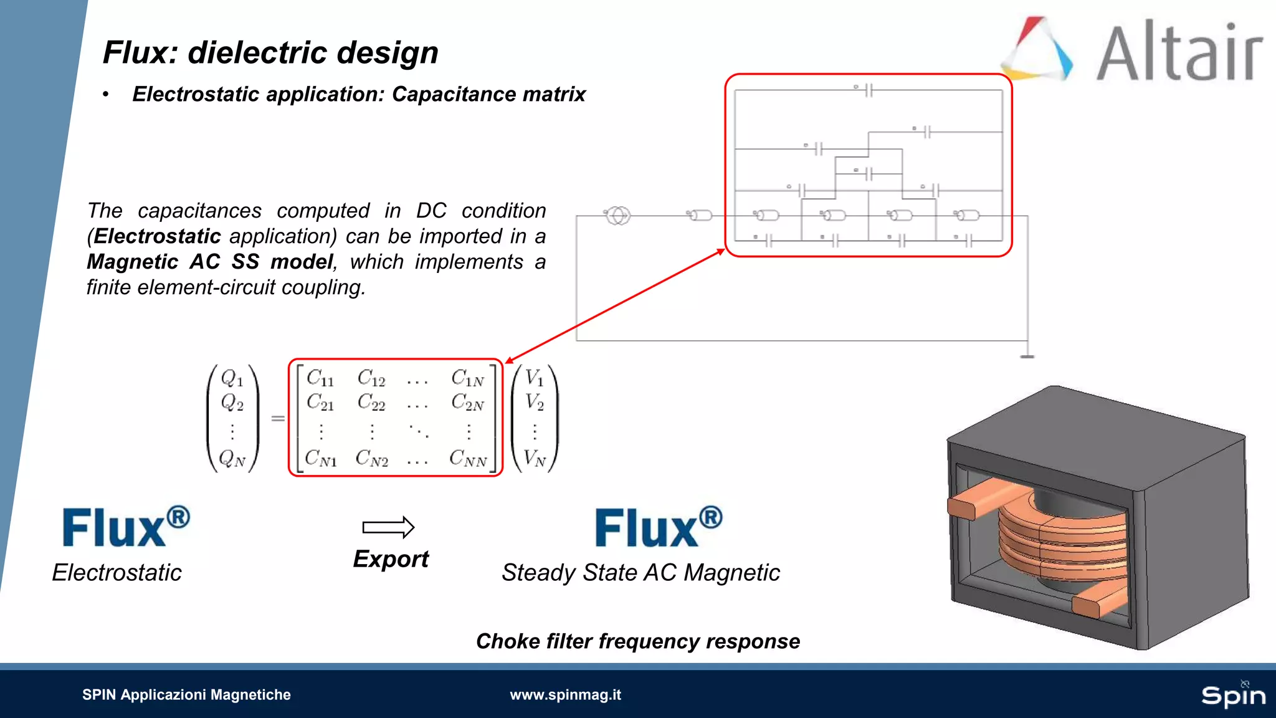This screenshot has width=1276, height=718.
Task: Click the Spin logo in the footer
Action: pos(1233,694)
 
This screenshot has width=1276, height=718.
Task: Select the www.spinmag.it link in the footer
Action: pos(565,694)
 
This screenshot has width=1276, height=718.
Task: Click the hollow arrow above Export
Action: pos(388,527)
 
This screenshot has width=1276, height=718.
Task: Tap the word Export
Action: pos(391,559)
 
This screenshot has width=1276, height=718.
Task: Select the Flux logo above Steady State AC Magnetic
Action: pos(658,527)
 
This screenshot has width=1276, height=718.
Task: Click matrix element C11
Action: pos(320,378)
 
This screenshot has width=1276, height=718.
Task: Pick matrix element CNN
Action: pos(468,459)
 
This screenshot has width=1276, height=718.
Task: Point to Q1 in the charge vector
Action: pos(232,378)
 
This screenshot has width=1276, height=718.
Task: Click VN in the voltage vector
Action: pos(535,459)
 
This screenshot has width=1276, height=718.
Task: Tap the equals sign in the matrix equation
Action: pos(278,418)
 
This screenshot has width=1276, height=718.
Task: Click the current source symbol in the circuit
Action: pos(617,216)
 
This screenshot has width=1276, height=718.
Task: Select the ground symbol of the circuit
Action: pos(1027,356)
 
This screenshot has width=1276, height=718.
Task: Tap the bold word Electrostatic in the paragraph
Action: pos(157,236)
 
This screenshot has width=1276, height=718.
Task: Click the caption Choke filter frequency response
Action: pos(637,641)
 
